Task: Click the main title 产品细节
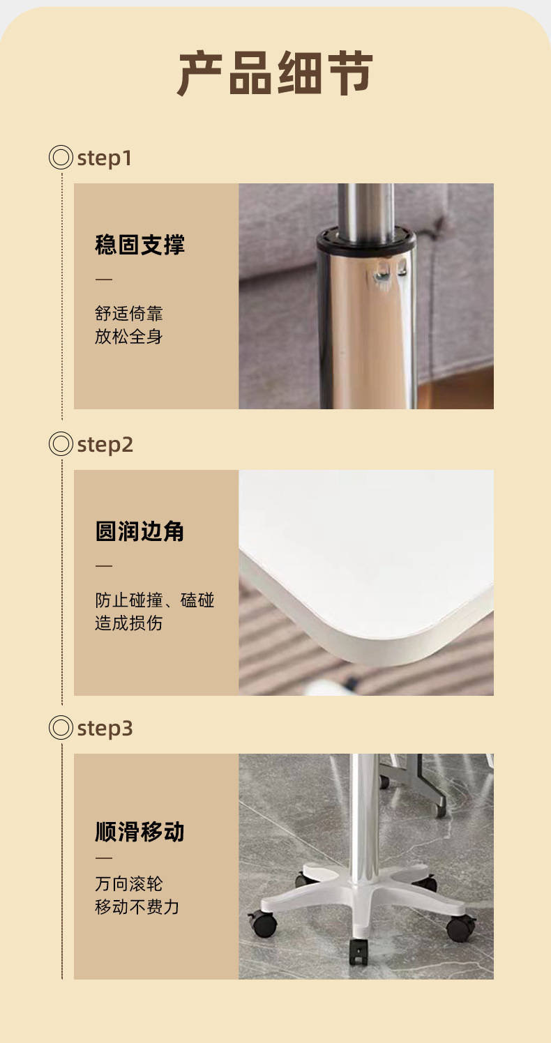click(275, 73)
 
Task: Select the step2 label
click(105, 445)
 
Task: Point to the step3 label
click(105, 729)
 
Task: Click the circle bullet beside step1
click(61, 157)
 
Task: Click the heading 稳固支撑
click(139, 245)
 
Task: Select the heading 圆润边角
click(139, 531)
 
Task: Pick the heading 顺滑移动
click(139, 832)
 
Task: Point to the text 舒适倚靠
click(128, 313)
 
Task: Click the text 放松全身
click(128, 336)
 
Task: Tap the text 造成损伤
click(128, 623)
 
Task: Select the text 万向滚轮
click(128, 884)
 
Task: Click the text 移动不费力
click(137, 906)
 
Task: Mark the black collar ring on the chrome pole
click(366, 241)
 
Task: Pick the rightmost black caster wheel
click(461, 927)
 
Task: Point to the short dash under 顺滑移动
click(104, 858)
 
